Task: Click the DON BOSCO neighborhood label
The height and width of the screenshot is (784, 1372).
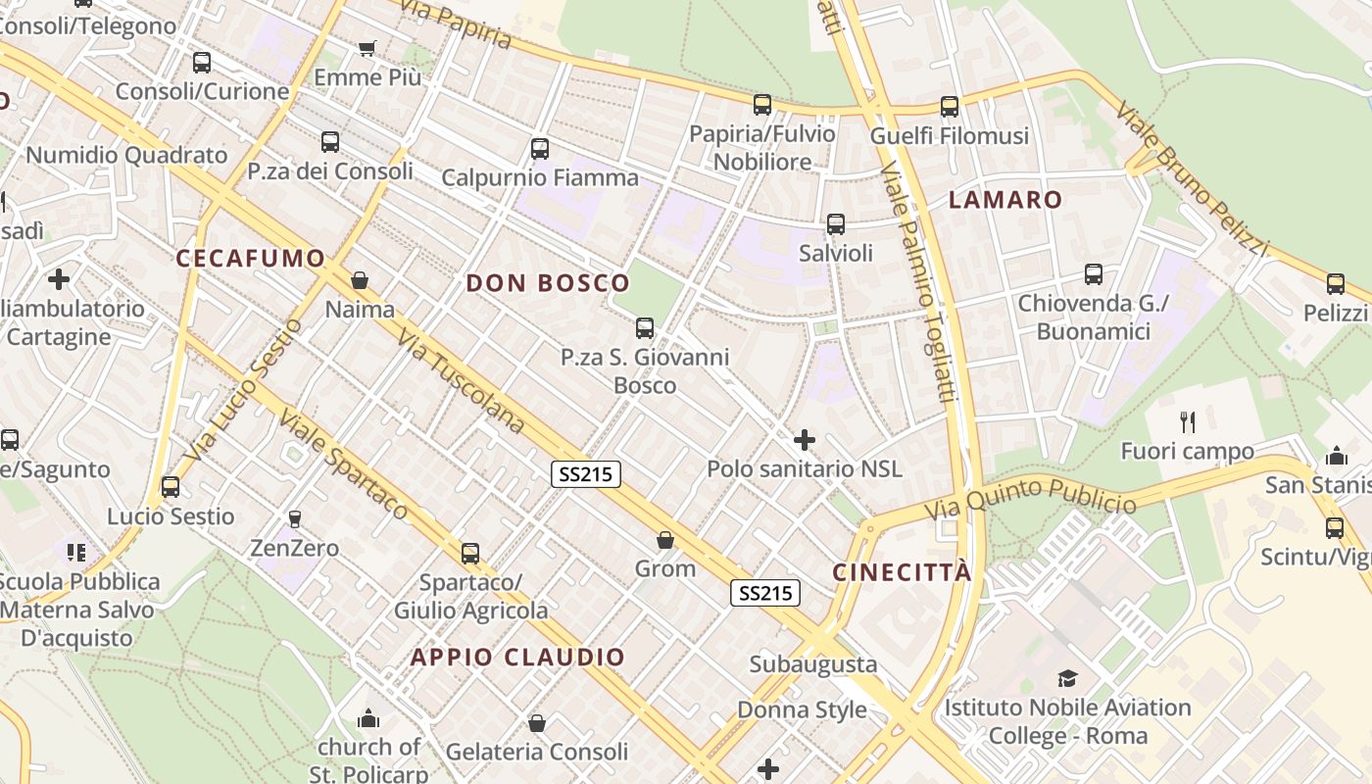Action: [x=548, y=283]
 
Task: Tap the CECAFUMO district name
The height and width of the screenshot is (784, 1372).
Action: [x=250, y=259]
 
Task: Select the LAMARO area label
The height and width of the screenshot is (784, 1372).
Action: [x=1005, y=200]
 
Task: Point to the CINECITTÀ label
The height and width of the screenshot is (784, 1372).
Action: [x=903, y=572]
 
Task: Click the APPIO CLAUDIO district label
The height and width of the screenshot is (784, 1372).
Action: [x=517, y=657]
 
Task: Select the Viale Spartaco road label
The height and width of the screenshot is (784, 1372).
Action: [x=343, y=464]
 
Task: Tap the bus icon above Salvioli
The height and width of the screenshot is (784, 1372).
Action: [x=836, y=224]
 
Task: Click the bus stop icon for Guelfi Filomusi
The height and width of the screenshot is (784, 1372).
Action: [x=950, y=107]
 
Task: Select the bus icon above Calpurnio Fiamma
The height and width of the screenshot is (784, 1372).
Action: [x=540, y=149]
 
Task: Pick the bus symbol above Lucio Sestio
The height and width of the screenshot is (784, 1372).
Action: [x=171, y=487]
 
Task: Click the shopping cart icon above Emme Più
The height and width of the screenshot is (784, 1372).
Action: [x=367, y=48]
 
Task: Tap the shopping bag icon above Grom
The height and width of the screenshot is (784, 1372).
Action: [x=665, y=540]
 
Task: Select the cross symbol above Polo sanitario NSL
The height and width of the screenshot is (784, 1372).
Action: [x=805, y=440]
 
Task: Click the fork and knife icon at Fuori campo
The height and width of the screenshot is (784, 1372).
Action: [x=1188, y=422]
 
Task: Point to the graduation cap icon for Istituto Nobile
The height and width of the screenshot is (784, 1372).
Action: [x=1067, y=678]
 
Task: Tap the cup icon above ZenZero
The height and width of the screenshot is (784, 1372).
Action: [x=295, y=518]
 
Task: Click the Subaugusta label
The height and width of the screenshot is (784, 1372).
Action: [x=813, y=664]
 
